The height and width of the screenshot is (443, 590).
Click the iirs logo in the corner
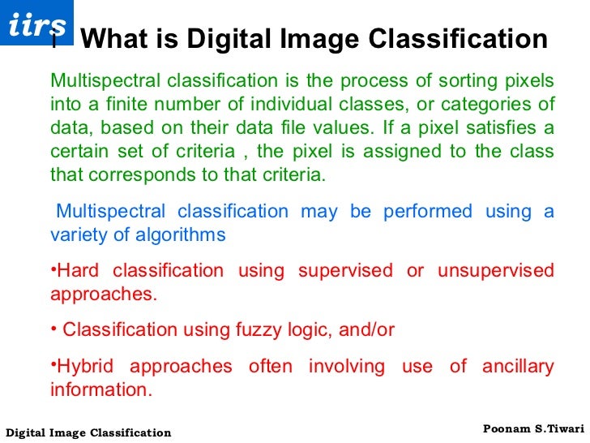[x=36, y=24]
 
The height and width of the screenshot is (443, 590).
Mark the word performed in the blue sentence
[x=427, y=212]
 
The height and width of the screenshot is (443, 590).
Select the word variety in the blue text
[x=78, y=235]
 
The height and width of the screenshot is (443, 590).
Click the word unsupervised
[x=495, y=271]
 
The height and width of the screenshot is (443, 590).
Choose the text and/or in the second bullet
[x=363, y=330]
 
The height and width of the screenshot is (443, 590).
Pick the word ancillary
[x=518, y=366]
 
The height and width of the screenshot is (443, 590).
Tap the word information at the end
[x=100, y=389]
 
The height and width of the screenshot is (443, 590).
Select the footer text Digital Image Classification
[x=88, y=432]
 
